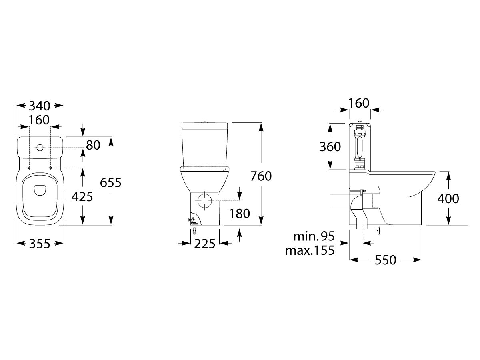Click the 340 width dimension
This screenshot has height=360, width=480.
click(x=39, y=106)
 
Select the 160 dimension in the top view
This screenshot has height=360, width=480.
click(x=39, y=120)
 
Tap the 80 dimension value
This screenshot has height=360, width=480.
click(x=93, y=145)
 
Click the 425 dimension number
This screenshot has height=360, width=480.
click(x=82, y=196)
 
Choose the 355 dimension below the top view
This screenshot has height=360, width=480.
click(x=39, y=243)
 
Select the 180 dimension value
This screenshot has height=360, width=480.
click(x=240, y=213)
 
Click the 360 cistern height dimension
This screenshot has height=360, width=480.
click(x=330, y=147)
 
